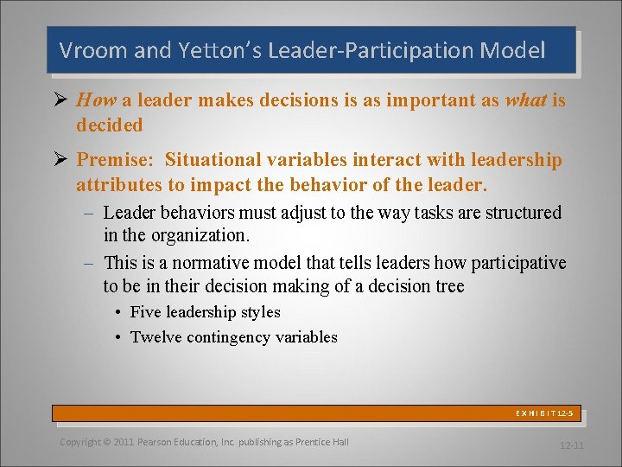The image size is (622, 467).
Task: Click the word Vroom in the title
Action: (91, 51)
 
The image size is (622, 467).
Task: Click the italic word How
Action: (97, 100)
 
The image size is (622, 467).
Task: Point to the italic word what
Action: (526, 100)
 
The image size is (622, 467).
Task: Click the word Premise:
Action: (116, 160)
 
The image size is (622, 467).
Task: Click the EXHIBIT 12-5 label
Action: (544, 414)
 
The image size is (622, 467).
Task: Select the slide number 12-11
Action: (572, 445)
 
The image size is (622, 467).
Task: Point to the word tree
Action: (448, 286)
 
